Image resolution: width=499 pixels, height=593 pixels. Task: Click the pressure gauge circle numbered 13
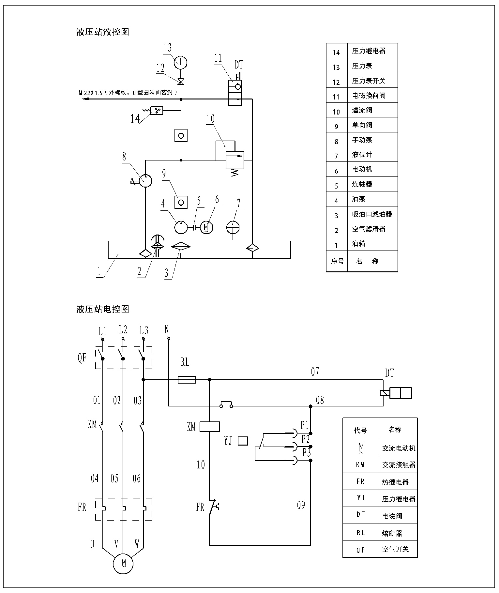pyautogui.click(x=180, y=62)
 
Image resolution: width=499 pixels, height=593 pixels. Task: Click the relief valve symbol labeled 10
pyautogui.click(x=235, y=160)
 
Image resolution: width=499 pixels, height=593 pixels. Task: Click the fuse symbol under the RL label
pyautogui.click(x=187, y=380)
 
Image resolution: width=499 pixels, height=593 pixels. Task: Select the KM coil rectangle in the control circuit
pyautogui.click(x=210, y=427)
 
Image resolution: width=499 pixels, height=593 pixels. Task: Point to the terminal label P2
pyautogui.click(x=305, y=439)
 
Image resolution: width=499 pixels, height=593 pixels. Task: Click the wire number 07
pyautogui.click(x=315, y=372)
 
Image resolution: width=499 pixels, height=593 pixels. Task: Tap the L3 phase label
pyautogui.click(x=144, y=330)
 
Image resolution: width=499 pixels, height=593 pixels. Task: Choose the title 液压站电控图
pyautogui.click(x=103, y=309)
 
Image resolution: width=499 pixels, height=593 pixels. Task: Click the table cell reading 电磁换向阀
pyautogui.click(x=369, y=96)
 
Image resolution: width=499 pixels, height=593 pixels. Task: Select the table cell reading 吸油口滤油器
pyautogui.click(x=372, y=214)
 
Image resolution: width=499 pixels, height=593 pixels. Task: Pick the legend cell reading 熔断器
pyautogui.click(x=392, y=534)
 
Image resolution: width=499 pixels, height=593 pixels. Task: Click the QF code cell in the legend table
pyautogui.click(x=361, y=550)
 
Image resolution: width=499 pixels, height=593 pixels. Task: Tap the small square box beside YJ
pyautogui.click(x=243, y=441)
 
